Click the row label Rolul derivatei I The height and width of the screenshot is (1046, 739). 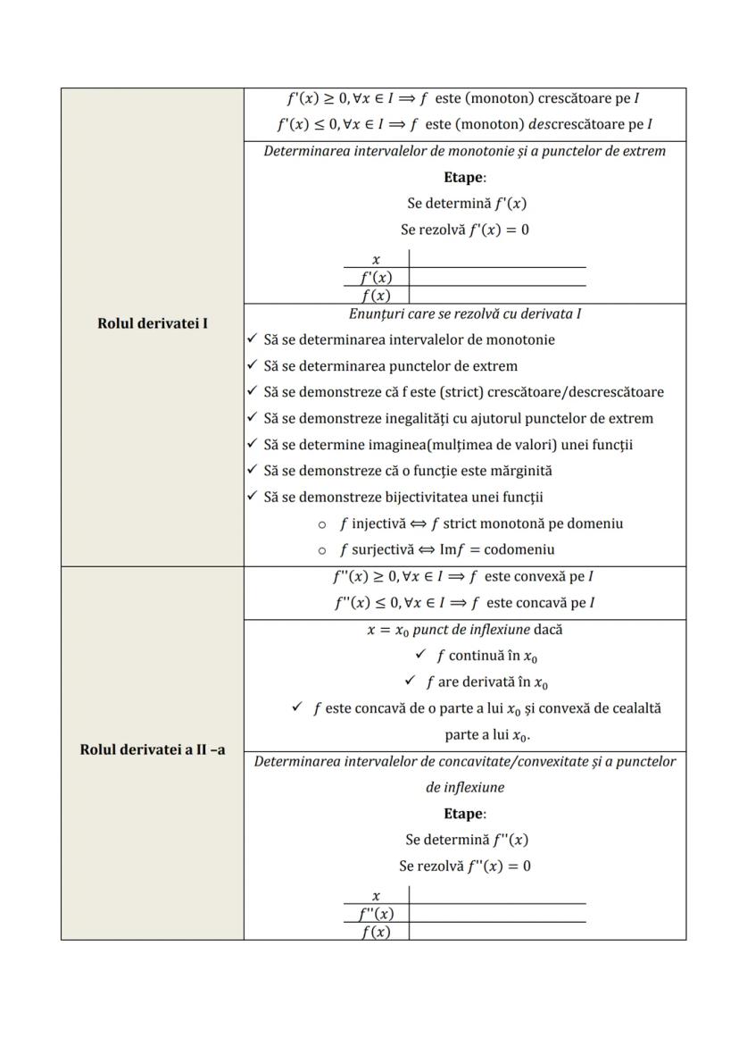click(x=152, y=323)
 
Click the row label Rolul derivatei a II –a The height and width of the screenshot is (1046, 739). click(x=152, y=749)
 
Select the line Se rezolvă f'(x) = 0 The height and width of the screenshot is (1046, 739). click(x=465, y=230)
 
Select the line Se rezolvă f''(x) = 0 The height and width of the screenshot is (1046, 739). click(x=465, y=866)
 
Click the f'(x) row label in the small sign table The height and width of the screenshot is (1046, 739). click(x=376, y=277)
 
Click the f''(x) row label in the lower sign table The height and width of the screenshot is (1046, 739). click(x=376, y=914)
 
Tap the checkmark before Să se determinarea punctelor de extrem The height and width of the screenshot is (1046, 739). click(x=252, y=365)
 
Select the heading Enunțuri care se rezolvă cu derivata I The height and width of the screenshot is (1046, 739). click(x=465, y=314)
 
